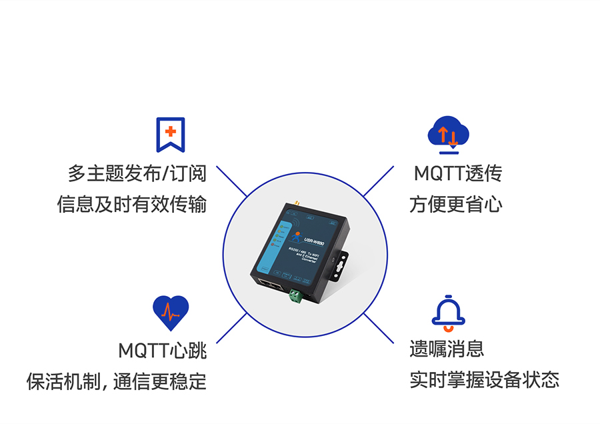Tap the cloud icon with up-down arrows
coord(448,133)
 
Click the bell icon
coord(448,312)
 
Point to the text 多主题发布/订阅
coord(137,174)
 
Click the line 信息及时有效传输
coord(132,204)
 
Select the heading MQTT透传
coord(457,174)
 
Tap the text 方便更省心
coord(456,204)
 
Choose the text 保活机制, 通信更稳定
coord(117,381)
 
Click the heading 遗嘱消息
coord(447,349)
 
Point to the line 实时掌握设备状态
coord(484,380)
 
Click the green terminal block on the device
coord(295,296)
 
